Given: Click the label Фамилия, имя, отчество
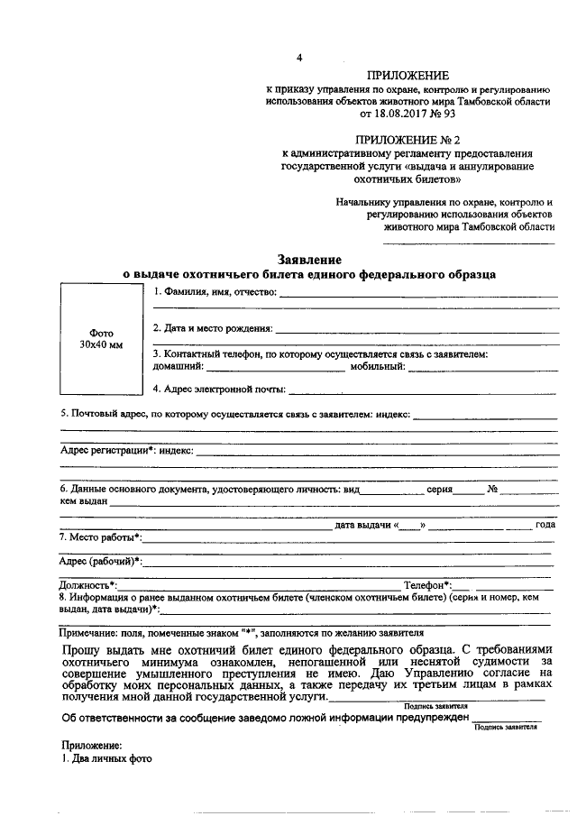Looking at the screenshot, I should [x=215, y=292].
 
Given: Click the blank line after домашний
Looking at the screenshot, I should [x=275, y=367].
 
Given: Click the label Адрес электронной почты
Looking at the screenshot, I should [x=219, y=390].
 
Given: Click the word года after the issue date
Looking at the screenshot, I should [x=545, y=524].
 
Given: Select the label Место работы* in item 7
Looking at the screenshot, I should [x=99, y=537].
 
